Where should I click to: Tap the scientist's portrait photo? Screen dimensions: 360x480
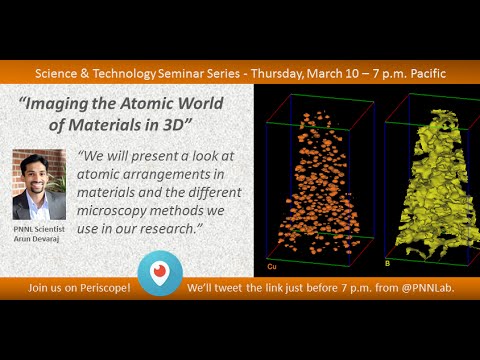(38, 186)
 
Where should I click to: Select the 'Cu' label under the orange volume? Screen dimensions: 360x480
(272, 267)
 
